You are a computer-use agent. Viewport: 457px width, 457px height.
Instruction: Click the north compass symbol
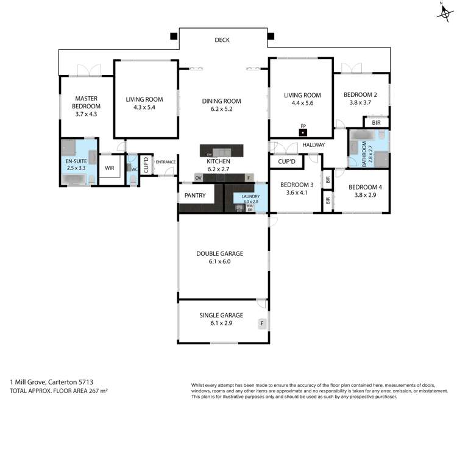pyautogui.click(x=444, y=12)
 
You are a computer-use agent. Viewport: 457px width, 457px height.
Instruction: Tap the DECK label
pyautogui.click(x=222, y=41)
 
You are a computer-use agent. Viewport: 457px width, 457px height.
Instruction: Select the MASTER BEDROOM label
pyautogui.click(x=87, y=102)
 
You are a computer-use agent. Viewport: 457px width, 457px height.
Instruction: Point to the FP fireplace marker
pyautogui.click(x=303, y=129)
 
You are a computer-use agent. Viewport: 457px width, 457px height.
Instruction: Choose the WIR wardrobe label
pyautogui.click(x=110, y=168)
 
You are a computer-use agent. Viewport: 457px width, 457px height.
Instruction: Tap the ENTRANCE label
pyautogui.click(x=166, y=162)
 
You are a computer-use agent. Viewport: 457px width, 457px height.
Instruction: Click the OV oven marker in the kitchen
pyautogui.click(x=198, y=177)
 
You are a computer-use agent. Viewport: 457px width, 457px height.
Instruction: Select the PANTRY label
pyautogui.click(x=195, y=196)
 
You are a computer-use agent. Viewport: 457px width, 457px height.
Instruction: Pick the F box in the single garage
pyautogui.click(x=263, y=323)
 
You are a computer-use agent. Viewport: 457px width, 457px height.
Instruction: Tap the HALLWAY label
pyautogui.click(x=313, y=145)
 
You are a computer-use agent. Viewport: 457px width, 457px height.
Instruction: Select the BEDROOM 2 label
pyautogui.click(x=360, y=95)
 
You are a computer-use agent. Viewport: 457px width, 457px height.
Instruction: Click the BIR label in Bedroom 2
pyautogui.click(x=376, y=123)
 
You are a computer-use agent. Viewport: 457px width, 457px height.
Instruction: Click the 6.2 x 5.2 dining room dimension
pyautogui.click(x=221, y=109)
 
